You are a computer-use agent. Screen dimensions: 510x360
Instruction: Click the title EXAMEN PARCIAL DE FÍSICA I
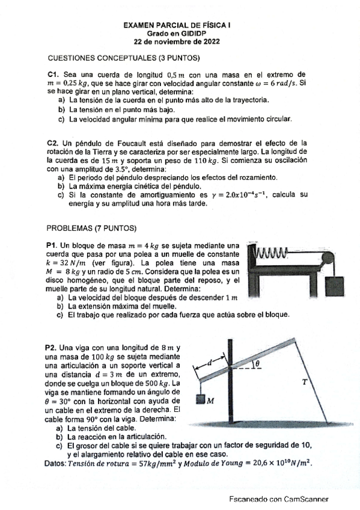tap(180, 26)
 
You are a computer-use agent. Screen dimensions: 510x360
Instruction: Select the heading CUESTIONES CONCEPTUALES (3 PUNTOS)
tap(123, 58)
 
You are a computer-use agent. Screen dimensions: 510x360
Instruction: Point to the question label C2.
tap(52, 143)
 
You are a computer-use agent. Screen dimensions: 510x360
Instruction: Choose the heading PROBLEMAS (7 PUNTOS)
tap(91, 229)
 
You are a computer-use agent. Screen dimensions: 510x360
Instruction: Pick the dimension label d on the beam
tap(210, 363)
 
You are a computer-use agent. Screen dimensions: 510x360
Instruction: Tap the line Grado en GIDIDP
tap(180, 34)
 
